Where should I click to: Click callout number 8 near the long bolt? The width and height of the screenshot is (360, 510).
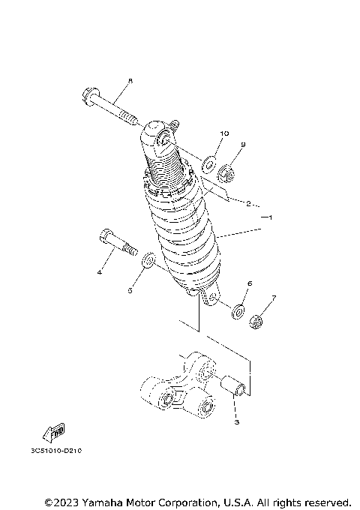tap(130, 81)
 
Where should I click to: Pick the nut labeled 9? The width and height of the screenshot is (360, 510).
tap(226, 177)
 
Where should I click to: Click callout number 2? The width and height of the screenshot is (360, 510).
tap(248, 202)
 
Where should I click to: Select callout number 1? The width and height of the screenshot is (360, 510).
tap(272, 217)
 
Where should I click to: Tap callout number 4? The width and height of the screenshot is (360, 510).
tap(99, 273)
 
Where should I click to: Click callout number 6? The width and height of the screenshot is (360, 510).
tap(250, 284)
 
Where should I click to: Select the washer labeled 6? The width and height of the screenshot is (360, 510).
tap(238, 309)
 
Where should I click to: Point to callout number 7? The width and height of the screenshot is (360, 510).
tap(274, 298)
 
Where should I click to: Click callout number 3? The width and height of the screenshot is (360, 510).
tap(235, 424)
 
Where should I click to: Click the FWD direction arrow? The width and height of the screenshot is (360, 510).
tap(55, 430)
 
